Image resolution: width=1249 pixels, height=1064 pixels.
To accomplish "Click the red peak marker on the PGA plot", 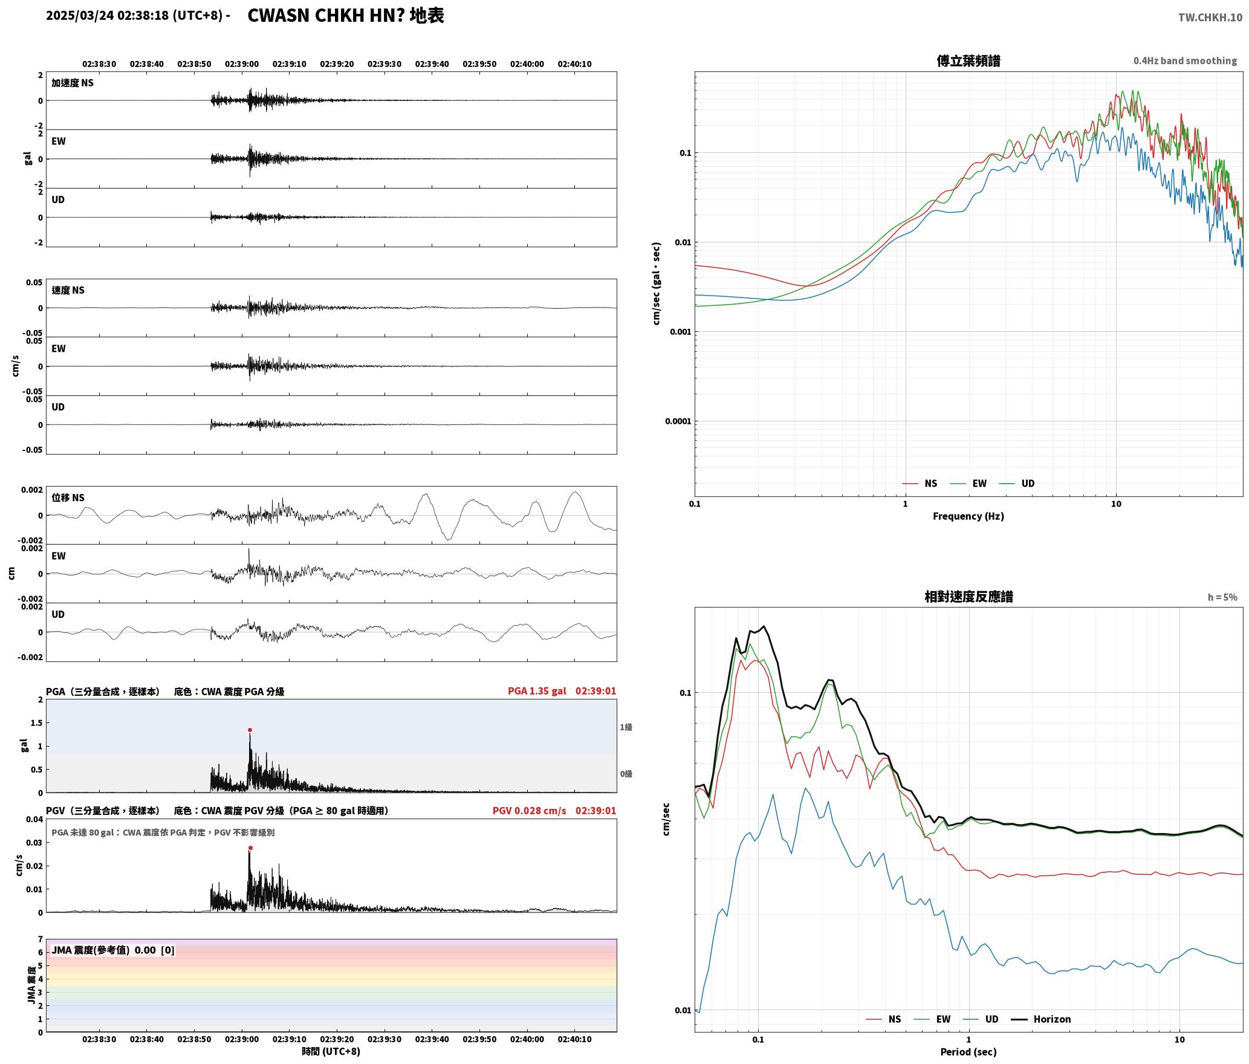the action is click(250, 730).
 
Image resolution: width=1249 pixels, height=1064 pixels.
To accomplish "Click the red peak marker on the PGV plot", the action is click(250, 848).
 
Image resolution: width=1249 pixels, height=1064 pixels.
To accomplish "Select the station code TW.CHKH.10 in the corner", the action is click(1210, 17).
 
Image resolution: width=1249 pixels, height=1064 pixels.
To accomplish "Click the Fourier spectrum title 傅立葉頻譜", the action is click(968, 60).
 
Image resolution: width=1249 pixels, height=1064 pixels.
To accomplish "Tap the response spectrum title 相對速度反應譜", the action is click(968, 597).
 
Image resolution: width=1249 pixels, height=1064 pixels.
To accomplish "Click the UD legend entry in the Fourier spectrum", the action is click(1017, 483).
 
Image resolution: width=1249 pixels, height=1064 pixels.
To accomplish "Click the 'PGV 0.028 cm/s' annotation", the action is click(530, 810).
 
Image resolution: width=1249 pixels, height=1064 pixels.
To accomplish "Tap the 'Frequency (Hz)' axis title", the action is click(968, 516).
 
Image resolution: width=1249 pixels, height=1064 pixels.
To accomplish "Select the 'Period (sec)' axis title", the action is click(968, 1051).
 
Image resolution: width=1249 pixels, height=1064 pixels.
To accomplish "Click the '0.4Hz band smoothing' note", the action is click(1185, 60).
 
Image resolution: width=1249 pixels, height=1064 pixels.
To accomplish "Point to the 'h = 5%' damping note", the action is click(1222, 597).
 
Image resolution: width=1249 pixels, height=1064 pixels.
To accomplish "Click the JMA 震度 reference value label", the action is click(113, 950).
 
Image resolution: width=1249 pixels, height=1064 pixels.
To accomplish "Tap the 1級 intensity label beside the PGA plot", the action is click(626, 727).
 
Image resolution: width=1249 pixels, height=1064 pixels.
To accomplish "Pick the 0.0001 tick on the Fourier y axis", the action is click(678, 421).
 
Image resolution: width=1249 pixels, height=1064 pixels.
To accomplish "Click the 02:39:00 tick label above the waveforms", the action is click(242, 63).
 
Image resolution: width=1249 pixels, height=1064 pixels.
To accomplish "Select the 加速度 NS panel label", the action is click(73, 83).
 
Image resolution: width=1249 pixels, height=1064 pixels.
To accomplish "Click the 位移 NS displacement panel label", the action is click(68, 498).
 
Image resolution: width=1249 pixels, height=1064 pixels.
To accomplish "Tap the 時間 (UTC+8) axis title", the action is click(331, 1051).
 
